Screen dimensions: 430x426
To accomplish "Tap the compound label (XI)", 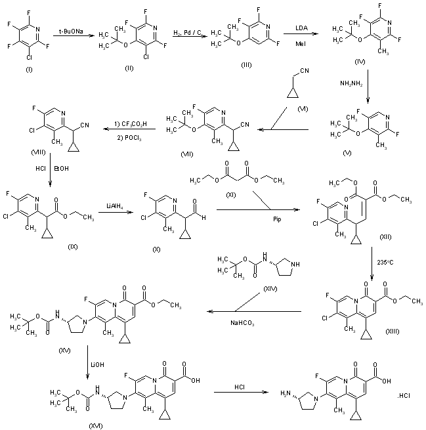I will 245,196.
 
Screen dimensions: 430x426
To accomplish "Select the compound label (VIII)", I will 42,150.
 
